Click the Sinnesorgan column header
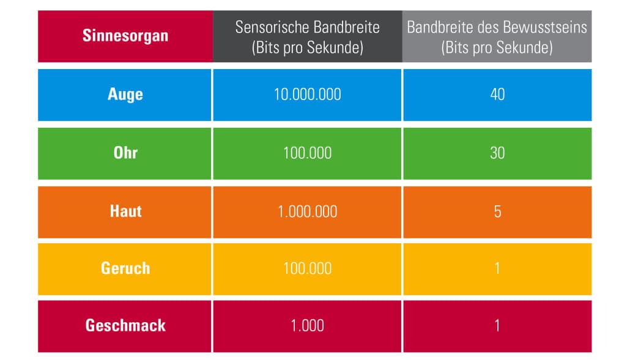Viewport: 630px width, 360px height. pyautogui.click(x=125, y=35)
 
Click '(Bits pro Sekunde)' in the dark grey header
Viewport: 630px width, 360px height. pyautogui.click(x=308, y=48)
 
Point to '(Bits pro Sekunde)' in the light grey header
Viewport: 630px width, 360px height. pyautogui.click(x=497, y=48)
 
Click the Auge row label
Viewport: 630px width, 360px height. pyautogui.click(x=125, y=95)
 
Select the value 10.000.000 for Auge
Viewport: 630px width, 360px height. pyautogui.click(x=308, y=95)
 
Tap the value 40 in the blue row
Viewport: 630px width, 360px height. pyautogui.click(x=497, y=95)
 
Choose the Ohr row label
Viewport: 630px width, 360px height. pyautogui.click(x=125, y=153)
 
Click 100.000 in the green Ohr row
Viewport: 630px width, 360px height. pyautogui.click(x=308, y=153)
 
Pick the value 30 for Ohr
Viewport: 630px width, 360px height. pyautogui.click(x=497, y=153)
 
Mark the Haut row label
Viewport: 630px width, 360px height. pyautogui.click(x=126, y=211)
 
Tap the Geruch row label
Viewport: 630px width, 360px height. pyautogui.click(x=125, y=268)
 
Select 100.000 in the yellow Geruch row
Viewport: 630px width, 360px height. pyautogui.click(x=308, y=268)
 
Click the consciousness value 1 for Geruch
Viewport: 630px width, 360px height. pyautogui.click(x=497, y=268)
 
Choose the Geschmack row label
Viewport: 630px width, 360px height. pyautogui.click(x=125, y=326)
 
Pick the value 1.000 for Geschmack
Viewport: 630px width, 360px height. pyautogui.click(x=308, y=326)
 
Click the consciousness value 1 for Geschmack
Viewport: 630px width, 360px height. pyautogui.click(x=497, y=326)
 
